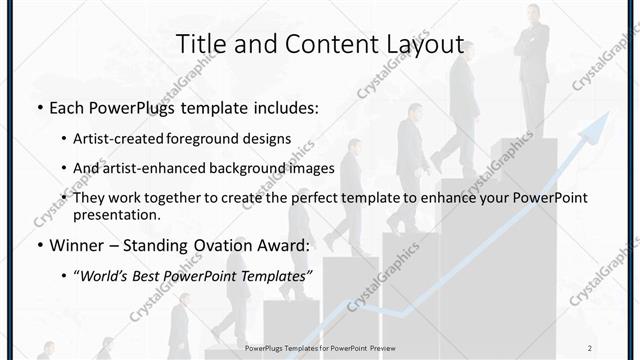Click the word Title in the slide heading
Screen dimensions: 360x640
pos(200,45)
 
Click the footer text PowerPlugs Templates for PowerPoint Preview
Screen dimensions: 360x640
pos(319,347)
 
